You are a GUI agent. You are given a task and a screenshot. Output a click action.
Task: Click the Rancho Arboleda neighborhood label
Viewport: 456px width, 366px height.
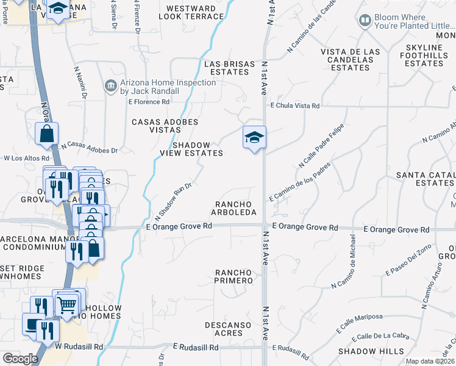pyautogui.click(x=235, y=208)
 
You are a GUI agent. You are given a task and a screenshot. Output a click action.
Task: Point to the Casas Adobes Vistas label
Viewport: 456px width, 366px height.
pyautogui.click(x=165, y=126)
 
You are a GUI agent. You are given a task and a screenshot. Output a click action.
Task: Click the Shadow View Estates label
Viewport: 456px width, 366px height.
pyautogui.click(x=191, y=149)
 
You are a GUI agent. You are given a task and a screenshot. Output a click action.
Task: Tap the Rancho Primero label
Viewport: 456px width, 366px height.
pyautogui.click(x=233, y=276)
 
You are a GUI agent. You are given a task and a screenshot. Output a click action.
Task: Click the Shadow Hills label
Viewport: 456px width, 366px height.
pyautogui.click(x=371, y=351)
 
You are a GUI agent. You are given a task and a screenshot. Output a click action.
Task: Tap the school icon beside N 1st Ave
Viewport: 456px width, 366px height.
pyautogui.click(x=254, y=137)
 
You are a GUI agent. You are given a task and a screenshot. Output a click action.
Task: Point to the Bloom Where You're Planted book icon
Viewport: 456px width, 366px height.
pyautogui.click(x=365, y=21)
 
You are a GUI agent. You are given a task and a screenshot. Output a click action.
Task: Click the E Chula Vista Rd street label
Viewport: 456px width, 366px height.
pyautogui.click(x=296, y=106)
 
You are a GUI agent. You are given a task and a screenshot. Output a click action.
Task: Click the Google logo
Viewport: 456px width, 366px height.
pyautogui.click(x=20, y=359)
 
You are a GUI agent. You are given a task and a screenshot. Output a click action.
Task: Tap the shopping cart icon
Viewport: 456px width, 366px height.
pyautogui.click(x=67, y=303)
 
